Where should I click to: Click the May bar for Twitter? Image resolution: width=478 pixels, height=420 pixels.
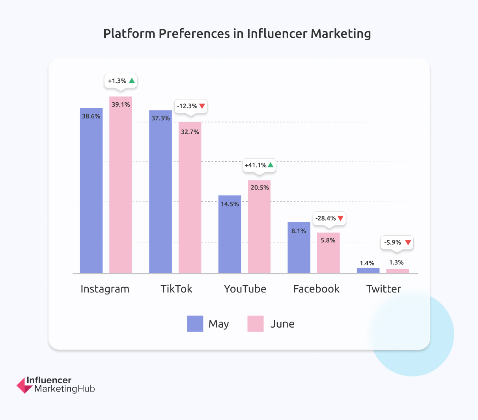point(368,270)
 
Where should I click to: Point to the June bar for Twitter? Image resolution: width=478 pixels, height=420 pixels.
point(398,271)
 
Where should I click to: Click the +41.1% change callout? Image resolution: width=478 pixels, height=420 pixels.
point(259,165)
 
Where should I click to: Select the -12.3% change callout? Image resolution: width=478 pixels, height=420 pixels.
point(191,106)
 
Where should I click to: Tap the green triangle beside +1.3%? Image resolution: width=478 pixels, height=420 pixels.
point(132,81)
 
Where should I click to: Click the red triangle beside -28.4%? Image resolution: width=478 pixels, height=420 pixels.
point(341,218)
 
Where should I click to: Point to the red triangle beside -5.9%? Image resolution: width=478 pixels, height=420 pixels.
point(408,242)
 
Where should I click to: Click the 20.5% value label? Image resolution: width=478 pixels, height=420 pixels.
point(260,187)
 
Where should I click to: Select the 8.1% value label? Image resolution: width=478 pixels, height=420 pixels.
point(299,231)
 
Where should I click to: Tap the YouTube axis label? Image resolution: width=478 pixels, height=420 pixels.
point(245,289)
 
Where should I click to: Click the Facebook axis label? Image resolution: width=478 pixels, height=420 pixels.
point(316,289)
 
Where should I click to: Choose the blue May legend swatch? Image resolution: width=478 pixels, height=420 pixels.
point(195,324)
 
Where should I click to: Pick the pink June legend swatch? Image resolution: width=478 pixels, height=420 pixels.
point(255,324)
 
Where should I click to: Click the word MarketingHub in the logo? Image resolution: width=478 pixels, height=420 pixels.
point(65,389)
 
